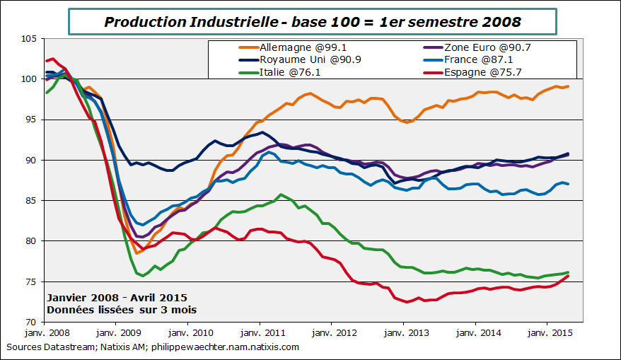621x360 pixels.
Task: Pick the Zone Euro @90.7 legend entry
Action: click(480, 47)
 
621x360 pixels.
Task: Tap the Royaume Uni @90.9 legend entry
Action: click(292, 59)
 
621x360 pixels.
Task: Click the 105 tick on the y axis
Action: click(28, 39)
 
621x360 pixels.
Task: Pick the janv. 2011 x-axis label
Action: click(261, 333)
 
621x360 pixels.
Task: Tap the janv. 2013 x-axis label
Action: click(405, 333)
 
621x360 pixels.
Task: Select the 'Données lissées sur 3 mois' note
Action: click(122, 310)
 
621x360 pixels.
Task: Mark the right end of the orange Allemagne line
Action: click(569, 86)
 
